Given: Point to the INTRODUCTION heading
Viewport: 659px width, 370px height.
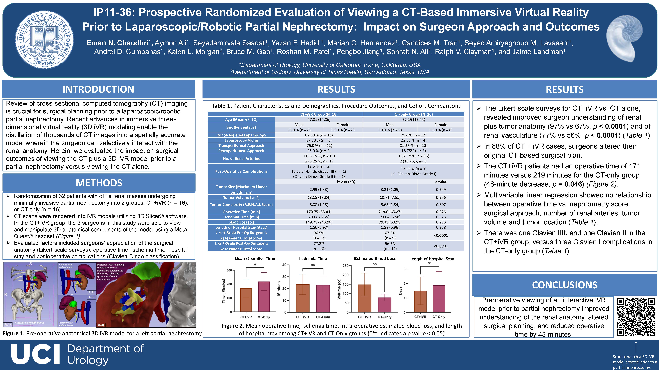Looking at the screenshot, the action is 99,89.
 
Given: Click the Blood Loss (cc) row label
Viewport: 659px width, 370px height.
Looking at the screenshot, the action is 241,222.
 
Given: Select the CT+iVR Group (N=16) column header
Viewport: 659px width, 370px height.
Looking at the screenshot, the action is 319,114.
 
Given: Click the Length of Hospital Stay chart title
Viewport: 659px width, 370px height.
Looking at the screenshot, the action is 432,259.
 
